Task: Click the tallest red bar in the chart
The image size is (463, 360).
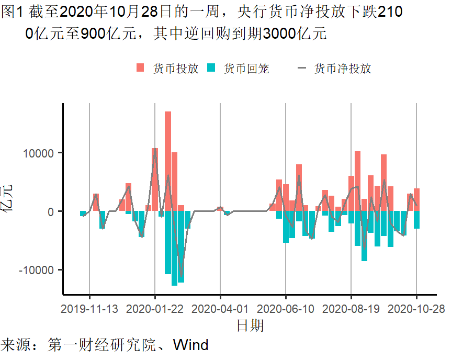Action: click(168, 157)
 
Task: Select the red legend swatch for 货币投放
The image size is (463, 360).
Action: click(140, 68)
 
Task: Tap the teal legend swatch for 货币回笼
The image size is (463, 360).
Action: click(211, 68)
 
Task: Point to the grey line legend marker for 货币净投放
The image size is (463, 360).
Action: click(302, 68)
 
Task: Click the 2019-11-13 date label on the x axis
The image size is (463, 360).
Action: click(89, 309)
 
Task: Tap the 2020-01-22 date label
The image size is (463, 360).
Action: click(155, 309)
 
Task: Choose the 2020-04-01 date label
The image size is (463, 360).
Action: click(220, 309)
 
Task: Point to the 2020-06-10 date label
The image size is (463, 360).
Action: click(286, 309)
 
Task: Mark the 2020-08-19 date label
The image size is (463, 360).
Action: click(351, 309)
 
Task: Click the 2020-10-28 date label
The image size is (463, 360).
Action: click(416, 309)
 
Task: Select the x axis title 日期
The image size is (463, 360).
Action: click(250, 325)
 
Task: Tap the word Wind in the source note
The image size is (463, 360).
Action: click(190, 345)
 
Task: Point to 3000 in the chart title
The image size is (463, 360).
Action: click(279, 34)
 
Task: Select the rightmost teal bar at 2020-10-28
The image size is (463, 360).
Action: click(416, 220)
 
